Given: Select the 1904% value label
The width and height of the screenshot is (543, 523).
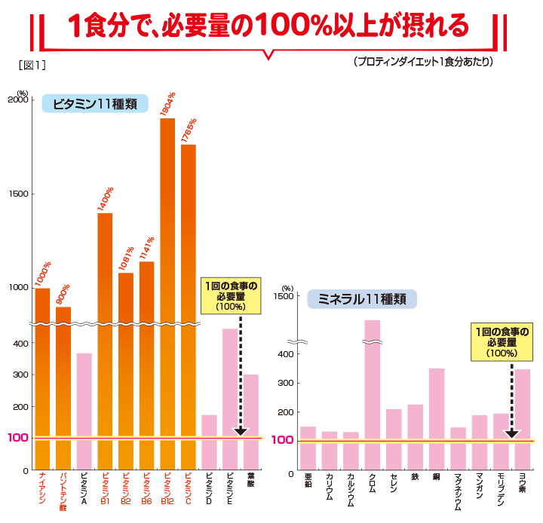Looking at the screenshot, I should click(167, 104).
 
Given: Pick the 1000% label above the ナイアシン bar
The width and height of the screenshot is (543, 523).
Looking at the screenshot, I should click(42, 274).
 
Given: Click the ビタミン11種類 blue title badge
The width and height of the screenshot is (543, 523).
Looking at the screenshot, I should click(95, 105).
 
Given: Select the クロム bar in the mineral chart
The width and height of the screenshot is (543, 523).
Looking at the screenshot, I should click(372, 392).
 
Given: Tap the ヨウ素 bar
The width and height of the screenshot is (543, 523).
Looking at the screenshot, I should click(523, 418).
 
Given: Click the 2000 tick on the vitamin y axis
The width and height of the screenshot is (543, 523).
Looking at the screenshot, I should click(19, 100).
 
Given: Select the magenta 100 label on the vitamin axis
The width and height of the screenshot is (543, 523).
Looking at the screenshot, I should click(18, 438).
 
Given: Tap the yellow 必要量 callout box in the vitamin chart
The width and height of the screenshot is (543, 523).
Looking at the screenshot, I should click(230, 296).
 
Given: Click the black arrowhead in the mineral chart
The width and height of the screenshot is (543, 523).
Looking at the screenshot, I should click(511, 433).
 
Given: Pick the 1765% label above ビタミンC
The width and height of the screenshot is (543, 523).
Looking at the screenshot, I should click(189, 130).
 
